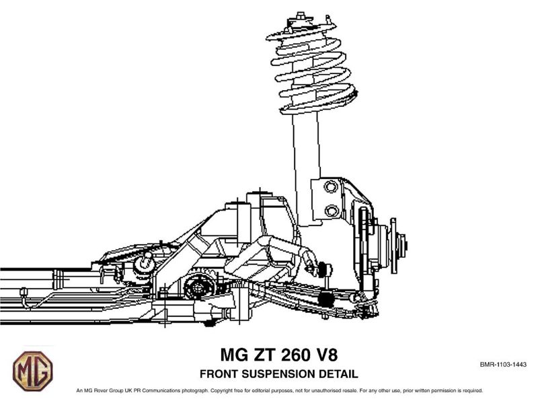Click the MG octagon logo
tap(33, 371)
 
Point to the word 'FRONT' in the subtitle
tap(218, 374)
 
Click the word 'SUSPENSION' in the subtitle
tap(278, 374)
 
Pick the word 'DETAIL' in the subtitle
tap(339, 374)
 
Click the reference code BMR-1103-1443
tap(503, 364)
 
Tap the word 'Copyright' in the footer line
tap(221, 390)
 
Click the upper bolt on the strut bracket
tap(330, 187)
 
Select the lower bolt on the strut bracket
tap(332, 211)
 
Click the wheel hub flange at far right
tap(393, 246)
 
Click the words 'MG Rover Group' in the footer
tap(104, 390)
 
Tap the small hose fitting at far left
tap(24, 292)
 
